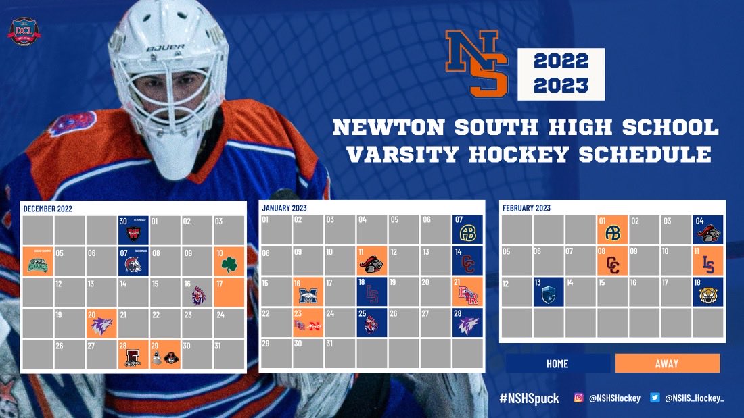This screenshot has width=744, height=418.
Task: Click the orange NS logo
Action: pos(476,63)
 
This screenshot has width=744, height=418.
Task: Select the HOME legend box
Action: pos(557,364)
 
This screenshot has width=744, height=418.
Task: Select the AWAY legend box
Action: pos(667,364)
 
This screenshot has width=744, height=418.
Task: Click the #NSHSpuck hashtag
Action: pos(529,398)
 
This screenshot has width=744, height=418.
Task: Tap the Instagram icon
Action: pos(578,398)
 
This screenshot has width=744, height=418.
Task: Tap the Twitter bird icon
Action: pos(655,398)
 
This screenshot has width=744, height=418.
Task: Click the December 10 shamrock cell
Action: pos(229,261)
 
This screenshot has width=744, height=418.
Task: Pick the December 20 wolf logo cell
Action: pos(101,323)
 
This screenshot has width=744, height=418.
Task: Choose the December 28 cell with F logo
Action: pos(133,355)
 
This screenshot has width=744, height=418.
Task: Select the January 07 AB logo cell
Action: pos(467,230)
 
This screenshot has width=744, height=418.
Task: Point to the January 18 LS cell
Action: pos(371,292)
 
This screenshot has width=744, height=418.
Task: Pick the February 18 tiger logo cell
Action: pos(708,292)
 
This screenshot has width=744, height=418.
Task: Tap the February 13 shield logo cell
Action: pos(549,292)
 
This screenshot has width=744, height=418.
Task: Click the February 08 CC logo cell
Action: pos(613,261)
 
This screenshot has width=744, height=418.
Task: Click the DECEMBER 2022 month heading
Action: pos(47,209)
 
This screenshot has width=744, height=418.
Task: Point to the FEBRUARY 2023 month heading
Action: pos(526,208)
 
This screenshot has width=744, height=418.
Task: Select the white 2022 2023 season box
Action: pos(561,74)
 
